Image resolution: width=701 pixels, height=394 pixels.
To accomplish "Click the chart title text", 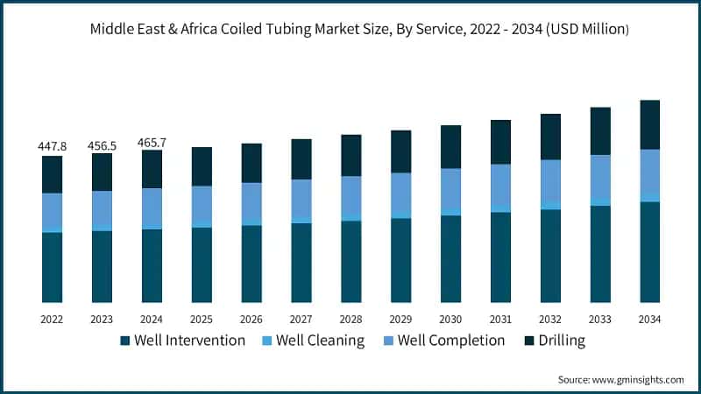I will point(359,28).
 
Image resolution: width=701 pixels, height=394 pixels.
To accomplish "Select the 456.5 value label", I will point(102,144).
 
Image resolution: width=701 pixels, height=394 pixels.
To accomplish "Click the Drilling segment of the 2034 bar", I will point(649,124).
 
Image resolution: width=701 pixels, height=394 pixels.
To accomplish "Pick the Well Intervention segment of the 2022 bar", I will point(52,267).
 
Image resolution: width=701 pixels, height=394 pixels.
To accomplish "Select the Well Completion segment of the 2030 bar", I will point(450,189).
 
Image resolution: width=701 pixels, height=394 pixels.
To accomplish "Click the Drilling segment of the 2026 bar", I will point(251,163).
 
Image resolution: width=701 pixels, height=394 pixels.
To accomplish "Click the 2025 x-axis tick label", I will point(202,320).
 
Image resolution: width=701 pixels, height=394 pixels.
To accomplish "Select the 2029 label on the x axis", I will point(400,320).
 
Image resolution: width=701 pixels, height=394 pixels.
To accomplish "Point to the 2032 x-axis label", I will point(550,320).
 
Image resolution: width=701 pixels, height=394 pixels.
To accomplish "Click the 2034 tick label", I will point(649,320).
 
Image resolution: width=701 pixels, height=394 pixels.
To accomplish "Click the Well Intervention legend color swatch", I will point(125,341).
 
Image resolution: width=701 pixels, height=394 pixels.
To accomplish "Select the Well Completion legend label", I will point(451,341).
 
